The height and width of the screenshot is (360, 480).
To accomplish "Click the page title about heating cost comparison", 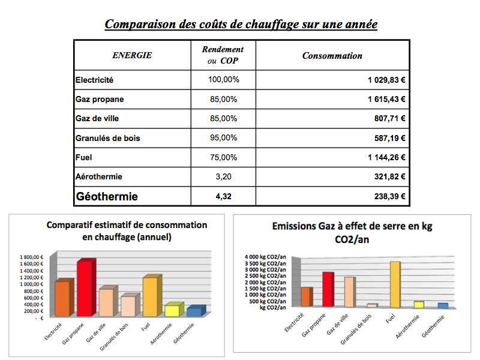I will tap(241, 25).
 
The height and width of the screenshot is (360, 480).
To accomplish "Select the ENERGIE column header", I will tap(132, 56).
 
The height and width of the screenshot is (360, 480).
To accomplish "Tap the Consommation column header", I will tap(332, 56).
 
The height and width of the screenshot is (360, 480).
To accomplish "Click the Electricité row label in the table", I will tap(95, 80).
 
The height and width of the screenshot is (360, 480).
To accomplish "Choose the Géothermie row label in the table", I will tap(106, 196).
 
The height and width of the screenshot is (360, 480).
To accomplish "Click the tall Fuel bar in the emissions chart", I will tap(394, 284).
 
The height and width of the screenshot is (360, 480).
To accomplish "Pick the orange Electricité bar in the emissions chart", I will tap(306, 296).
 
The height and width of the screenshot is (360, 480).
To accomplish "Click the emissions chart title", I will tap(352, 232).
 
